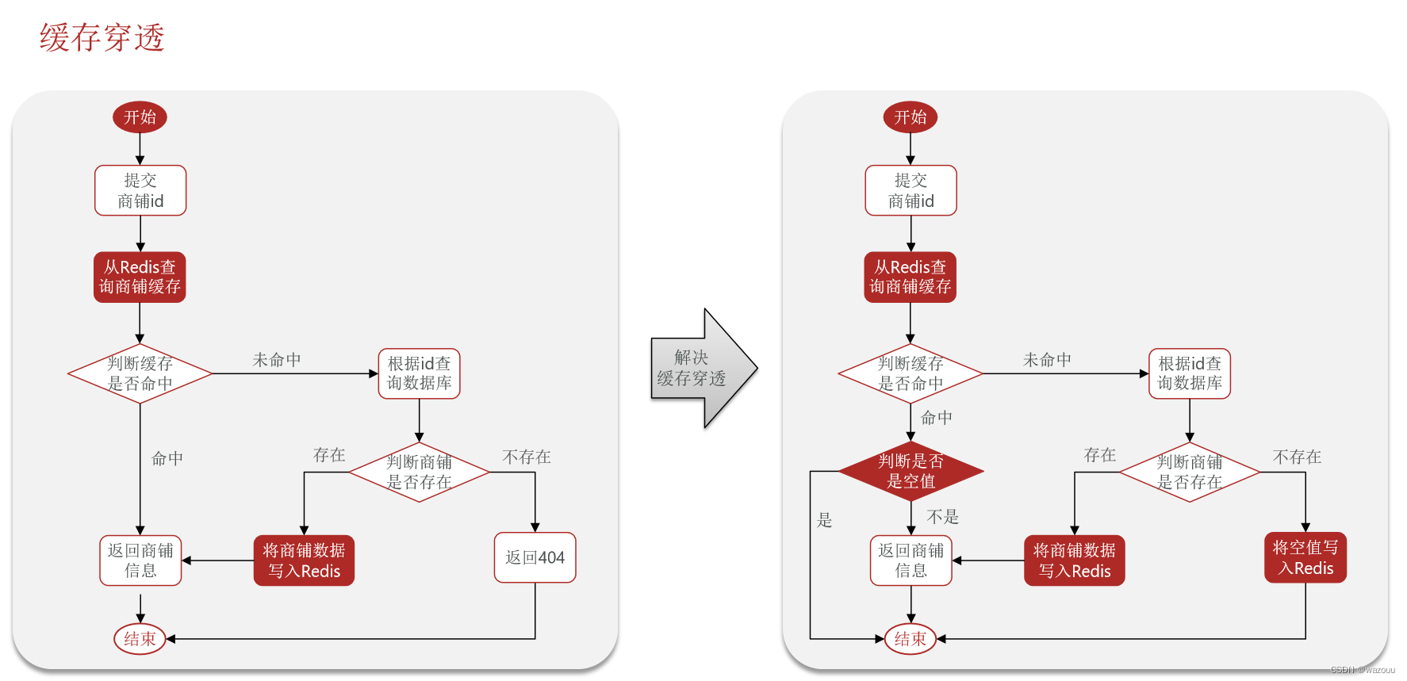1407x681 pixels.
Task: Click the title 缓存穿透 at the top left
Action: pyautogui.click(x=102, y=37)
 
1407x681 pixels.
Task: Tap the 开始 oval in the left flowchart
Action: pyautogui.click(x=140, y=117)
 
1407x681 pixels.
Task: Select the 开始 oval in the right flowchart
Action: pyautogui.click(x=911, y=117)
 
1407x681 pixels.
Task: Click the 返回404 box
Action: pyautogui.click(x=535, y=557)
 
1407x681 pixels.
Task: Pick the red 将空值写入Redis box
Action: pyautogui.click(x=1305, y=557)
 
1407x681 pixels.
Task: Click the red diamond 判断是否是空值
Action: pyautogui.click(x=911, y=472)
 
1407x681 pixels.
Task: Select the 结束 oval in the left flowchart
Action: pyautogui.click(x=140, y=639)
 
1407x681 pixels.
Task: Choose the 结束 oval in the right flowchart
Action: pyautogui.click(x=911, y=639)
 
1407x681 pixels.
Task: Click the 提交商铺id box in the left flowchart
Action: pyautogui.click(x=140, y=190)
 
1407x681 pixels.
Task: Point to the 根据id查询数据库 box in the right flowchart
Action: pyautogui.click(x=1190, y=373)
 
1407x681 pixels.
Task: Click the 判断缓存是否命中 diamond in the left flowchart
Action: pyautogui.click(x=140, y=373)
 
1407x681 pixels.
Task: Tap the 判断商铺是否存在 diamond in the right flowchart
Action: pyautogui.click(x=1190, y=472)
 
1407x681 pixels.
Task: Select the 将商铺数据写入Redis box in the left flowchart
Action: pyautogui.click(x=304, y=560)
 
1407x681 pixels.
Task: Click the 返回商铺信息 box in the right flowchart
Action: pyautogui.click(x=911, y=560)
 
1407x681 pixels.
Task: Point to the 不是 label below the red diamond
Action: pyautogui.click(x=943, y=517)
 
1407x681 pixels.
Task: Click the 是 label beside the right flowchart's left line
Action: pyautogui.click(x=825, y=520)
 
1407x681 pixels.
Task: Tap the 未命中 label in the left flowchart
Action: pyautogui.click(x=277, y=360)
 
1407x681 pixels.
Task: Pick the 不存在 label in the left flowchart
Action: pyautogui.click(x=527, y=457)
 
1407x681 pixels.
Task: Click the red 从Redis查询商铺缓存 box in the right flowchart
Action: pyautogui.click(x=911, y=277)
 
